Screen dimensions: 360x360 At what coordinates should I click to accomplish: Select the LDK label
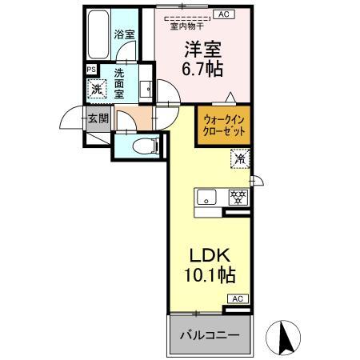tap(209, 256)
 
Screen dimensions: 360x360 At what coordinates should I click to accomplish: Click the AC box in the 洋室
tap(224, 14)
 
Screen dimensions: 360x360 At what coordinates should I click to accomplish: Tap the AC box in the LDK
tap(238, 299)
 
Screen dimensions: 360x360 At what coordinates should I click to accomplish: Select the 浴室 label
tap(123, 34)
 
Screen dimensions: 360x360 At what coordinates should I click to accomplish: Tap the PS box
tap(90, 70)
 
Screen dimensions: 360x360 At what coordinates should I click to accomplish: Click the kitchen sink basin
tap(204, 196)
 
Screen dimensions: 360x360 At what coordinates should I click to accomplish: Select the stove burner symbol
tap(237, 195)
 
